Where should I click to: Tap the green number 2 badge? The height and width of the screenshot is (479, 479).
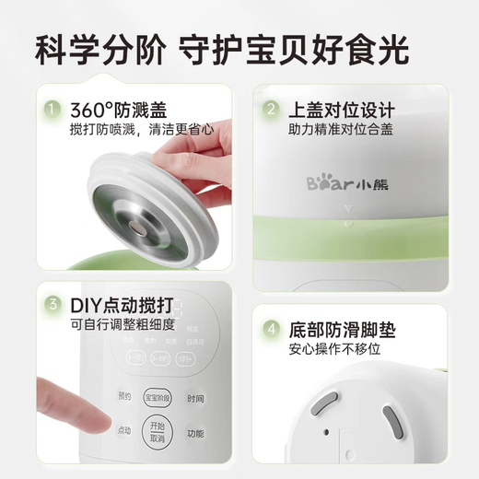[271, 110]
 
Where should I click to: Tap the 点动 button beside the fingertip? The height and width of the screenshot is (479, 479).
[123, 430]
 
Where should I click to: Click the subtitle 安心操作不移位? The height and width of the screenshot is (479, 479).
[333, 349]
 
